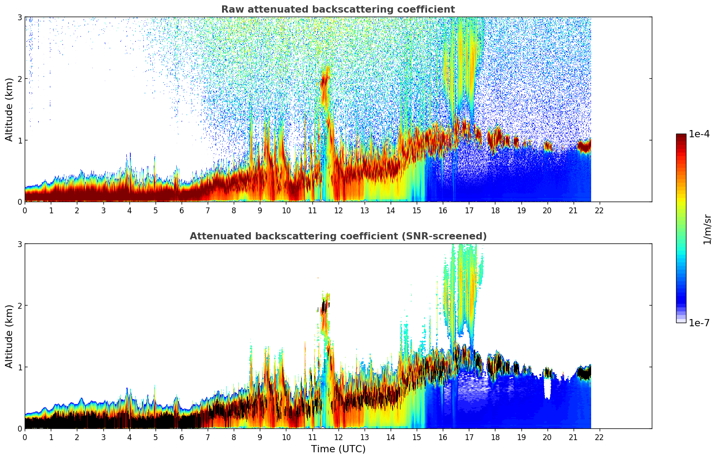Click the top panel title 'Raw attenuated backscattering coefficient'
(x=338, y=9)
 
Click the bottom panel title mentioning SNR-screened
(x=338, y=236)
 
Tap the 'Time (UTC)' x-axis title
(x=338, y=449)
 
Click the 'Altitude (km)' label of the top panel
(x=9, y=109)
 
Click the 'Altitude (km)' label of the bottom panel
(x=9, y=336)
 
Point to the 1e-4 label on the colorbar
(x=699, y=134)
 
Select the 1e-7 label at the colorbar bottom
(x=699, y=323)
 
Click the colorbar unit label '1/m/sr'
(x=707, y=229)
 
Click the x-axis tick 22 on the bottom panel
(x=599, y=437)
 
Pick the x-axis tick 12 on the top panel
(x=338, y=210)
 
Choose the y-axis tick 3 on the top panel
(x=19, y=17)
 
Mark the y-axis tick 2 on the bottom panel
(x=19, y=306)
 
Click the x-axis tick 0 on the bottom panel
(x=25, y=437)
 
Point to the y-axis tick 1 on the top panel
(x=19, y=140)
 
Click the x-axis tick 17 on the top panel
(x=469, y=210)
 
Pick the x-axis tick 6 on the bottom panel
(x=182, y=437)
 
